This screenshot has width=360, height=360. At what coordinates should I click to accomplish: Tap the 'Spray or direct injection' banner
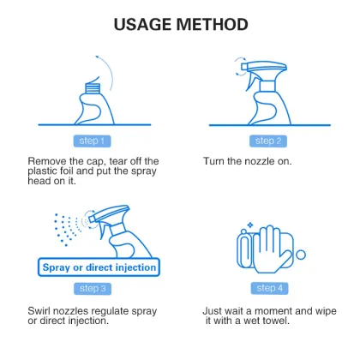(x=99, y=267)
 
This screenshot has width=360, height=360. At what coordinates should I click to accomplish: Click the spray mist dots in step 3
(x=65, y=227)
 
